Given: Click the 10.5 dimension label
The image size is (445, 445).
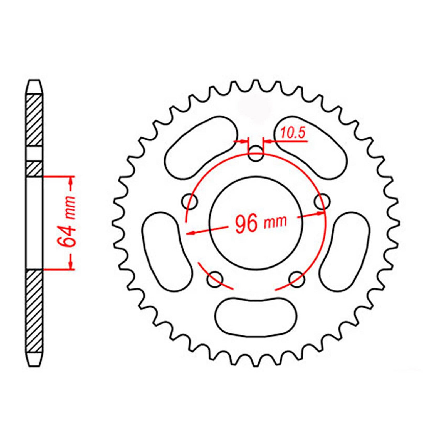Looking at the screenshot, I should pyautogui.click(x=293, y=133).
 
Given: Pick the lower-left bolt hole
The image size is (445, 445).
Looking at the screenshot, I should pyautogui.click(x=215, y=279).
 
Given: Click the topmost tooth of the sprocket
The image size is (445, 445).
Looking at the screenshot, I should pyautogui.click(x=256, y=83).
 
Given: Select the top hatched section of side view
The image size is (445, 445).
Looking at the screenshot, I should pyautogui.click(x=34, y=120).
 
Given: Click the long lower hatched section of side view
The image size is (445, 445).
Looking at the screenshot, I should pyautogui.click(x=34, y=311).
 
